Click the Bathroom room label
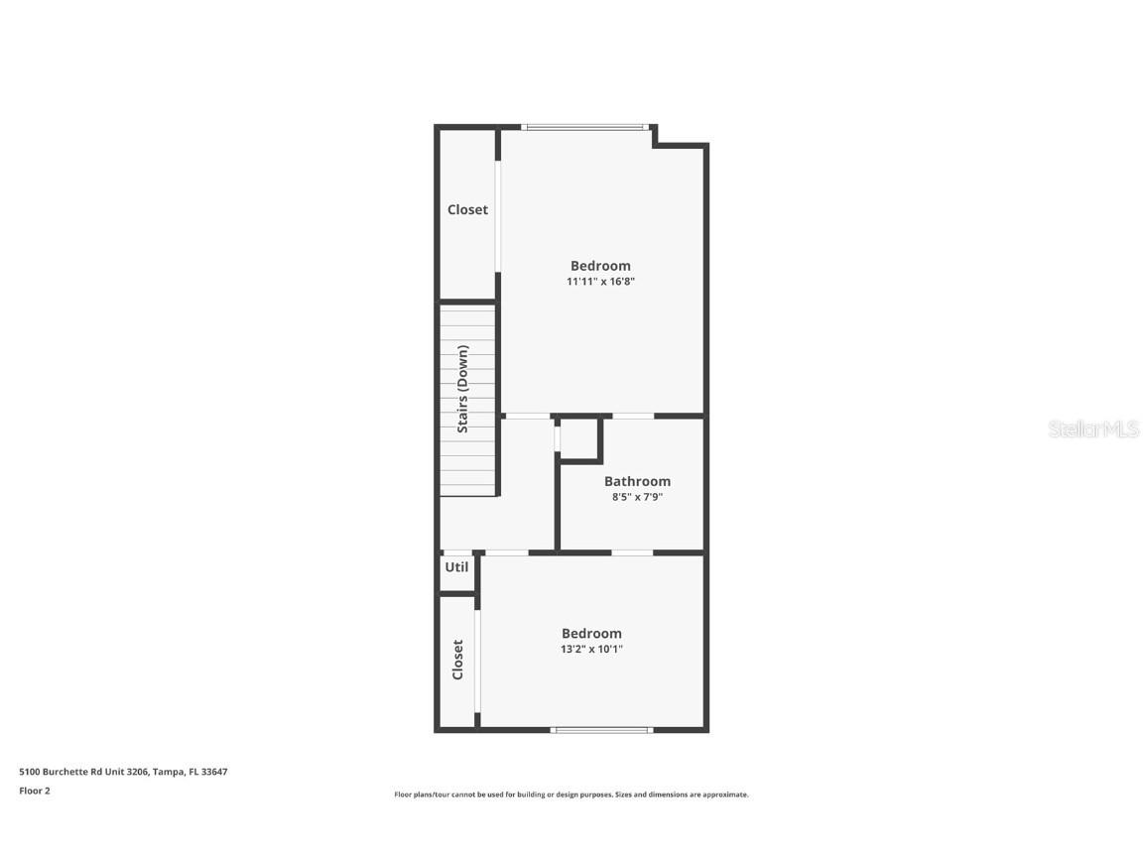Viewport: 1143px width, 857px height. pos(637,481)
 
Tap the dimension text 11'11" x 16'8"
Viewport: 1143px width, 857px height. pos(600,282)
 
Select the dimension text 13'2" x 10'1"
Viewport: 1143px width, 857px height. pos(591,650)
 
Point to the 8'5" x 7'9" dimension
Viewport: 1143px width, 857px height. pos(637,497)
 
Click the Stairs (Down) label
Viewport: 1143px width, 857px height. pos(463,389)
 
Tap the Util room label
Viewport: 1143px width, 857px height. pos(456,567)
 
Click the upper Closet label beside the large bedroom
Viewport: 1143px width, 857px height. pos(467,209)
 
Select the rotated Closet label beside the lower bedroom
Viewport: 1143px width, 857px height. pos(457,660)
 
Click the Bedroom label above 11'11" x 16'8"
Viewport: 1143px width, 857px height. pos(600,266)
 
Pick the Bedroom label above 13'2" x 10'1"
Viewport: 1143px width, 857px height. pos(591,633)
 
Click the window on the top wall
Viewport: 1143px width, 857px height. pos(585,127)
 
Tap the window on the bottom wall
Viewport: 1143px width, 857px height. pos(601,730)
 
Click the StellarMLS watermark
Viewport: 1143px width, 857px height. pos(1093,428)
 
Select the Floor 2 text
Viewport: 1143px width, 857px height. pos(35,791)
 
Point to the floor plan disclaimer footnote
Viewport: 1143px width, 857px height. pos(571,795)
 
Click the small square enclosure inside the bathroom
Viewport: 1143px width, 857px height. pos(579,439)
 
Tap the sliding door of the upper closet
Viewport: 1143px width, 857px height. pos(498,215)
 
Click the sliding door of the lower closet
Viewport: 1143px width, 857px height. pos(477,660)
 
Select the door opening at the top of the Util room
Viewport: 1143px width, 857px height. pos(457,552)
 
